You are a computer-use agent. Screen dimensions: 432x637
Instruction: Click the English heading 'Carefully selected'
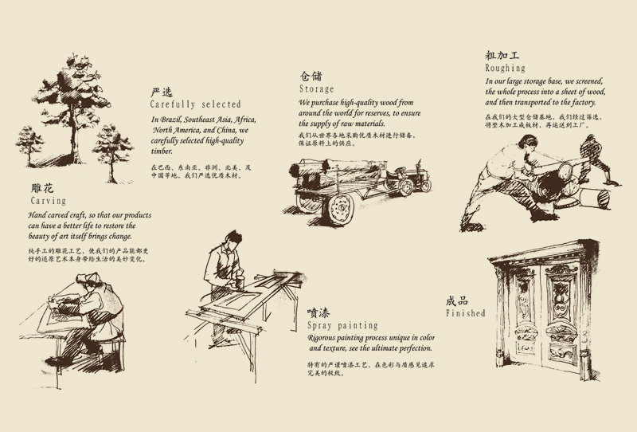tap(195, 104)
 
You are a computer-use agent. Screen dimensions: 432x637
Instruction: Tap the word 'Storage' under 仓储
tap(317, 89)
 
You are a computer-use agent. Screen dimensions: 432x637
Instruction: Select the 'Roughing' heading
tap(506, 69)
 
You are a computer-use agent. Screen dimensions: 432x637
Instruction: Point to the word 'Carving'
tap(49, 202)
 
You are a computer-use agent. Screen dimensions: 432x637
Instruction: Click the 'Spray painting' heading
tap(342, 326)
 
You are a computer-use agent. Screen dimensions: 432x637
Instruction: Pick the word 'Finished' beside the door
tap(466, 313)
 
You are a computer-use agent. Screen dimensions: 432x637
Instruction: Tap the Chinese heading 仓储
tap(311, 76)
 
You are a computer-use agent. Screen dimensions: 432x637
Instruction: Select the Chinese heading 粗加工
tap(502, 56)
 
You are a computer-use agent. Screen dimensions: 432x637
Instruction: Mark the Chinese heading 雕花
tap(42, 189)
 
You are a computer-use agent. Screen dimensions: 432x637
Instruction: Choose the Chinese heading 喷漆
tap(318, 312)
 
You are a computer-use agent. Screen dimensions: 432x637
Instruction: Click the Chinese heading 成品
tap(457, 300)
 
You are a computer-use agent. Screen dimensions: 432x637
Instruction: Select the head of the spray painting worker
tap(231, 238)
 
